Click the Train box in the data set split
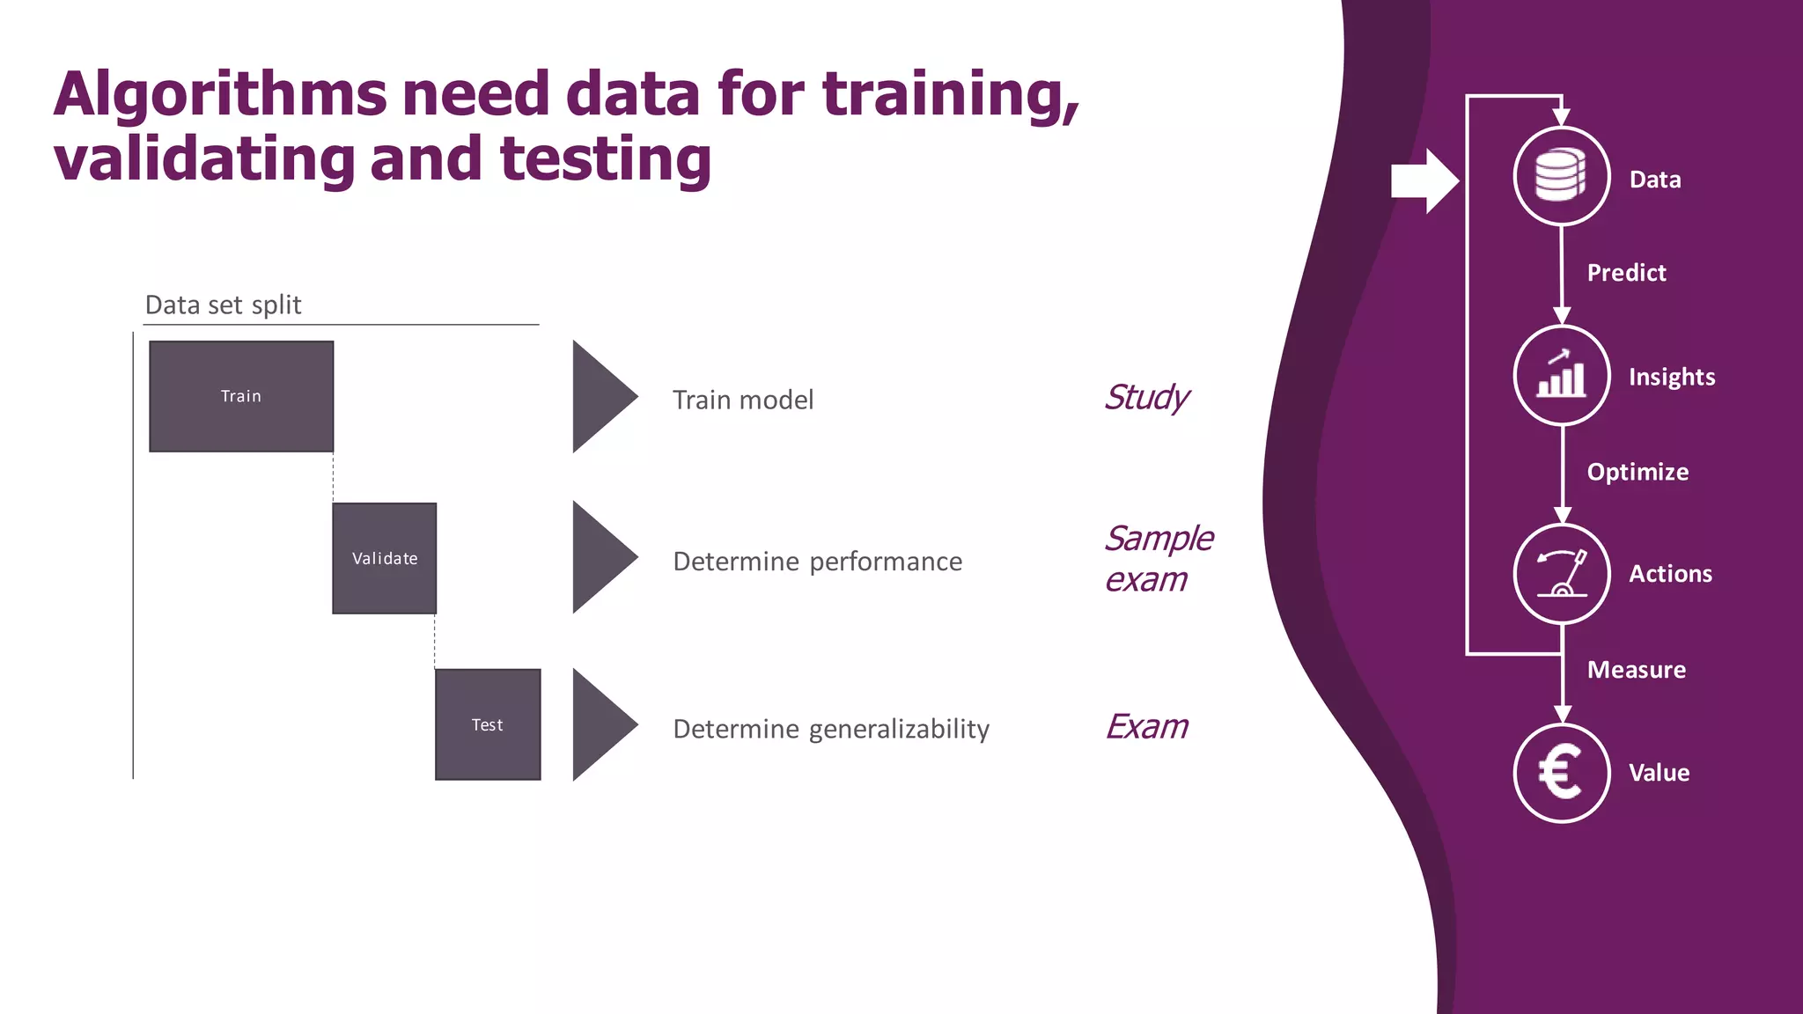click(x=241, y=396)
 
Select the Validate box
click(x=385, y=558)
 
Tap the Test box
click(x=488, y=724)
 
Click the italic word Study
click(x=1146, y=398)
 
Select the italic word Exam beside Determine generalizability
click(x=1146, y=727)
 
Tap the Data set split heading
click(x=223, y=305)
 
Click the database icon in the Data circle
click(x=1561, y=176)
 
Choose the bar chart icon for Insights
click(x=1561, y=375)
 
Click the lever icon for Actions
click(x=1561, y=574)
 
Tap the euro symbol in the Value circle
click(x=1561, y=773)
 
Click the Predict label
click(x=1626, y=273)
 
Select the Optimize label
click(x=1637, y=472)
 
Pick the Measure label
click(x=1636, y=670)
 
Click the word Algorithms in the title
click(x=220, y=94)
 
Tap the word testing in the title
click(x=605, y=159)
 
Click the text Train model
click(x=743, y=400)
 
